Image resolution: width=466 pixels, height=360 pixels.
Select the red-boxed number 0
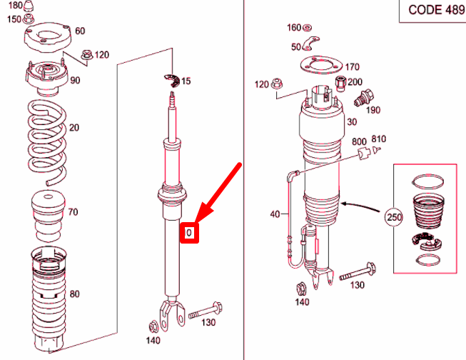189,233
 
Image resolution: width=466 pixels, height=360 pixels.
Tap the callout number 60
80,31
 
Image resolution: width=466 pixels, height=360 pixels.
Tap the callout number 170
352,68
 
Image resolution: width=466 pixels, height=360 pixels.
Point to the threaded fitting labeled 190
368,98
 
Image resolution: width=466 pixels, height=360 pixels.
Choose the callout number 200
355,81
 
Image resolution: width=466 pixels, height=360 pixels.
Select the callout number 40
275,214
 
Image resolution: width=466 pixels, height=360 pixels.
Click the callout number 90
75,80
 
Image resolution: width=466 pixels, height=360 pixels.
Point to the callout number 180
14,6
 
